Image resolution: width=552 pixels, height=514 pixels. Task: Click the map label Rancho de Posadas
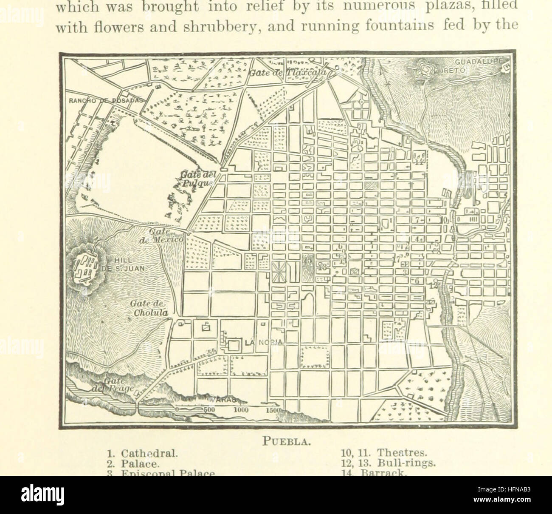tap(106, 100)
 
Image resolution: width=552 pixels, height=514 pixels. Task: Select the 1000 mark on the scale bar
tap(240, 410)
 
